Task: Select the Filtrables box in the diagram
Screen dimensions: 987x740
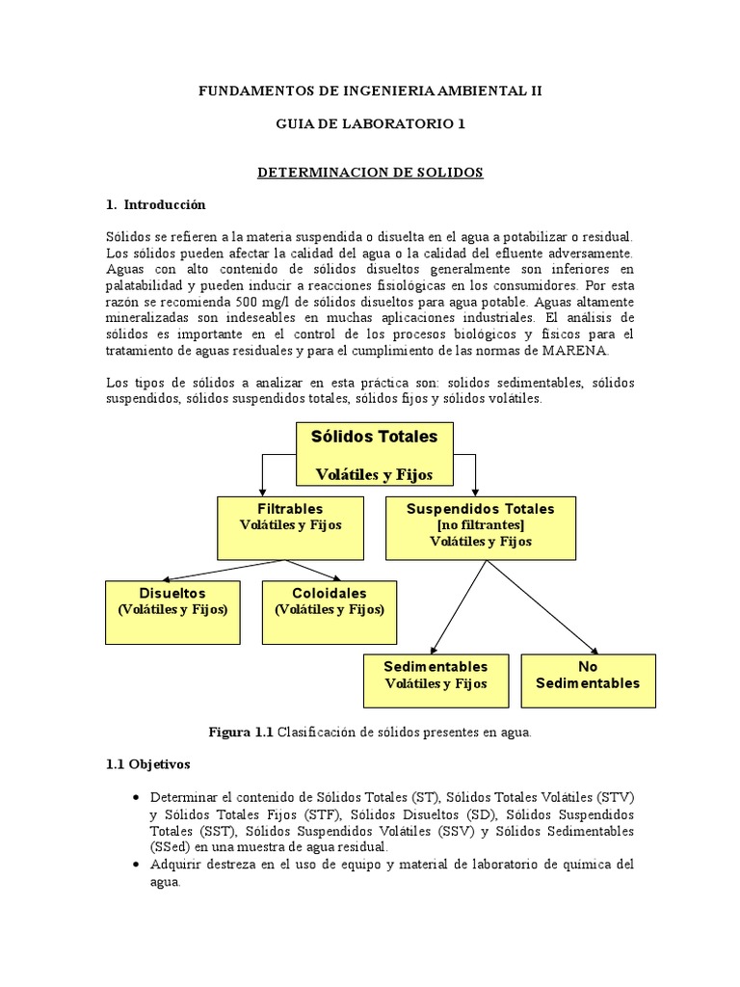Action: click(290, 528)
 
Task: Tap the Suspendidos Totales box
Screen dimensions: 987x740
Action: click(481, 528)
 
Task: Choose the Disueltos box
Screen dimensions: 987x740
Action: click(172, 611)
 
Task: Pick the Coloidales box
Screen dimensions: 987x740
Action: click(329, 611)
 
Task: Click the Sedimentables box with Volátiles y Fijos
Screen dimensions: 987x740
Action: click(436, 680)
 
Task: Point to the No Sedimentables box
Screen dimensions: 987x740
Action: click(588, 680)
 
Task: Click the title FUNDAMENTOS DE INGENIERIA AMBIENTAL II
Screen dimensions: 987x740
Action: click(370, 91)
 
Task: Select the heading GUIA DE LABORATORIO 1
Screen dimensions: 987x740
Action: click(370, 123)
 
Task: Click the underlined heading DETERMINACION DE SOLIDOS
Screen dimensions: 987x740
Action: click(370, 172)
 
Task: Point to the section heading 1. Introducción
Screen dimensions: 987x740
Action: click(155, 204)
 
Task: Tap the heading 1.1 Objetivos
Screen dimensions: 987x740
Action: click(148, 763)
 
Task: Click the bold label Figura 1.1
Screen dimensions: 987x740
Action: click(240, 732)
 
